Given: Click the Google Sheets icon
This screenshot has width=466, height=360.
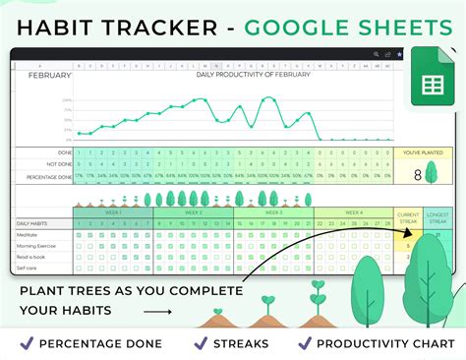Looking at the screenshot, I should tap(430, 74).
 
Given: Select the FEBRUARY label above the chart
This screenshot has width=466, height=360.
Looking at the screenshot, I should tap(49, 75).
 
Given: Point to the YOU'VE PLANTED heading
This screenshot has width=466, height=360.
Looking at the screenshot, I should tap(423, 153).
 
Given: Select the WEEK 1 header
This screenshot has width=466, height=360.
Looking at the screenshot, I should tap(112, 212).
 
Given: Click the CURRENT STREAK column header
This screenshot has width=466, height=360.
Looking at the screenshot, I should tap(406, 218).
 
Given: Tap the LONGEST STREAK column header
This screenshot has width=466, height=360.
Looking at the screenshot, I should tap(437, 218).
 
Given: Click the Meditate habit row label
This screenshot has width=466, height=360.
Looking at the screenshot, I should tap(28, 235).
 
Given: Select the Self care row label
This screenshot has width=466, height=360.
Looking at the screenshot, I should tap(28, 268).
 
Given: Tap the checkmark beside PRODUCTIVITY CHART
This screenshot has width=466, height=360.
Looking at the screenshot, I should tap(306, 343).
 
